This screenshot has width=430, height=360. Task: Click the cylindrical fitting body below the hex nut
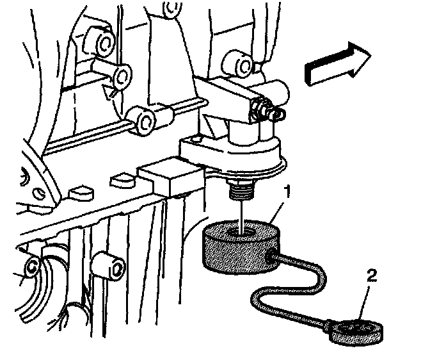pos(243,134)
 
